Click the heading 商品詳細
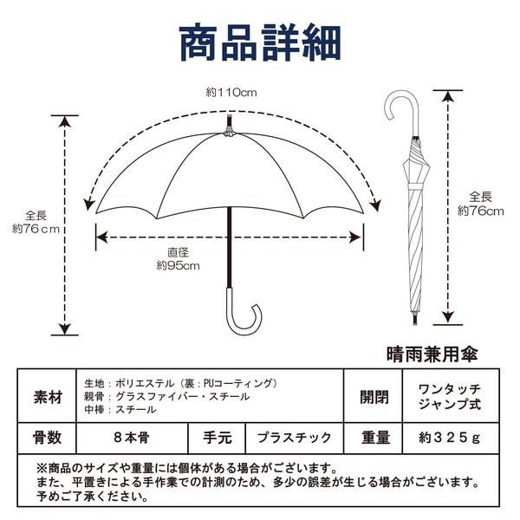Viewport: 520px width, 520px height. coord(260,42)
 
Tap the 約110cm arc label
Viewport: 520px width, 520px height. coord(231,93)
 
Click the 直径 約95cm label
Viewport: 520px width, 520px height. coord(179,259)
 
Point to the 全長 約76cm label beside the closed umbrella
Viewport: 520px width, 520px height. coord(480,204)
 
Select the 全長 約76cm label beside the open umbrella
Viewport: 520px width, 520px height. coord(36,222)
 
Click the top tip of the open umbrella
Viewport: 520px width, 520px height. coord(229,116)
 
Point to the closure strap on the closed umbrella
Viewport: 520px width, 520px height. coord(415,186)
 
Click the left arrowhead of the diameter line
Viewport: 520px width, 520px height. coord(101,237)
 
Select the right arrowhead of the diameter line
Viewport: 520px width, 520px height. coord(356,237)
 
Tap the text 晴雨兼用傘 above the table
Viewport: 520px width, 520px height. coord(432,354)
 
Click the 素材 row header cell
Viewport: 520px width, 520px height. coord(47,396)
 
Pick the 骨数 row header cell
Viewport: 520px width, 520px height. coord(47,438)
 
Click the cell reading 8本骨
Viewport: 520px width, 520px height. coord(132,438)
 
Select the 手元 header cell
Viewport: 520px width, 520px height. coord(217,438)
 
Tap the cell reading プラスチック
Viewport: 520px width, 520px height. coord(295,438)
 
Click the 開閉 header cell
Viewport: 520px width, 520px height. coord(374,396)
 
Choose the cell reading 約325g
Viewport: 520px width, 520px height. coord(451,438)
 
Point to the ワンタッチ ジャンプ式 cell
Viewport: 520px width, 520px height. coord(451,396)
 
